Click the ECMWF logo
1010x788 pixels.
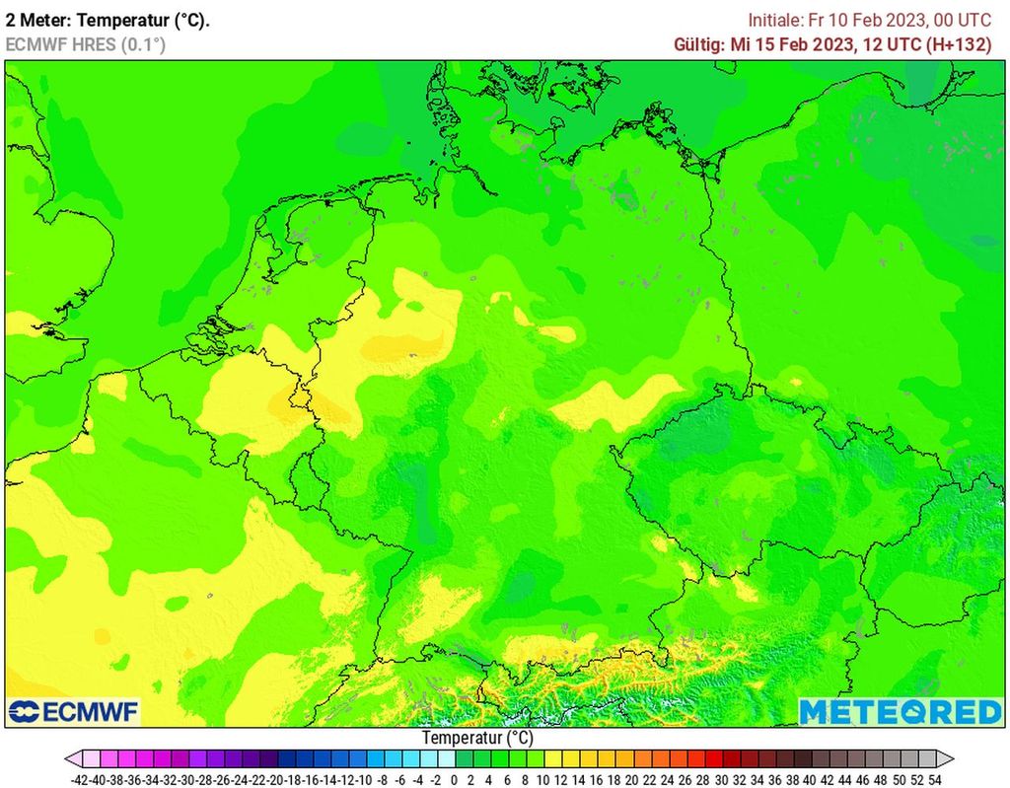[x=74, y=711]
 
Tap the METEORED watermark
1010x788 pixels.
[x=900, y=711]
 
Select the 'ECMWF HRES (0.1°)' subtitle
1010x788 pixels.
[x=85, y=44]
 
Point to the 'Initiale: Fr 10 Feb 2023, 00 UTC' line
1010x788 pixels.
[x=869, y=20]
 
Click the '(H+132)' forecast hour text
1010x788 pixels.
[x=957, y=44]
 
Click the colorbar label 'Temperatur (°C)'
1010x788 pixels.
[x=477, y=737]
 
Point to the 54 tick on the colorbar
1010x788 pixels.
[x=934, y=779]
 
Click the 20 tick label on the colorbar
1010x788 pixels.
[x=631, y=779]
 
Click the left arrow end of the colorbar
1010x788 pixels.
[x=72, y=758]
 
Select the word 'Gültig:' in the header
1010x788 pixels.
[x=699, y=44]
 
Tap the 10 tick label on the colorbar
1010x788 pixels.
[x=542, y=779]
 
